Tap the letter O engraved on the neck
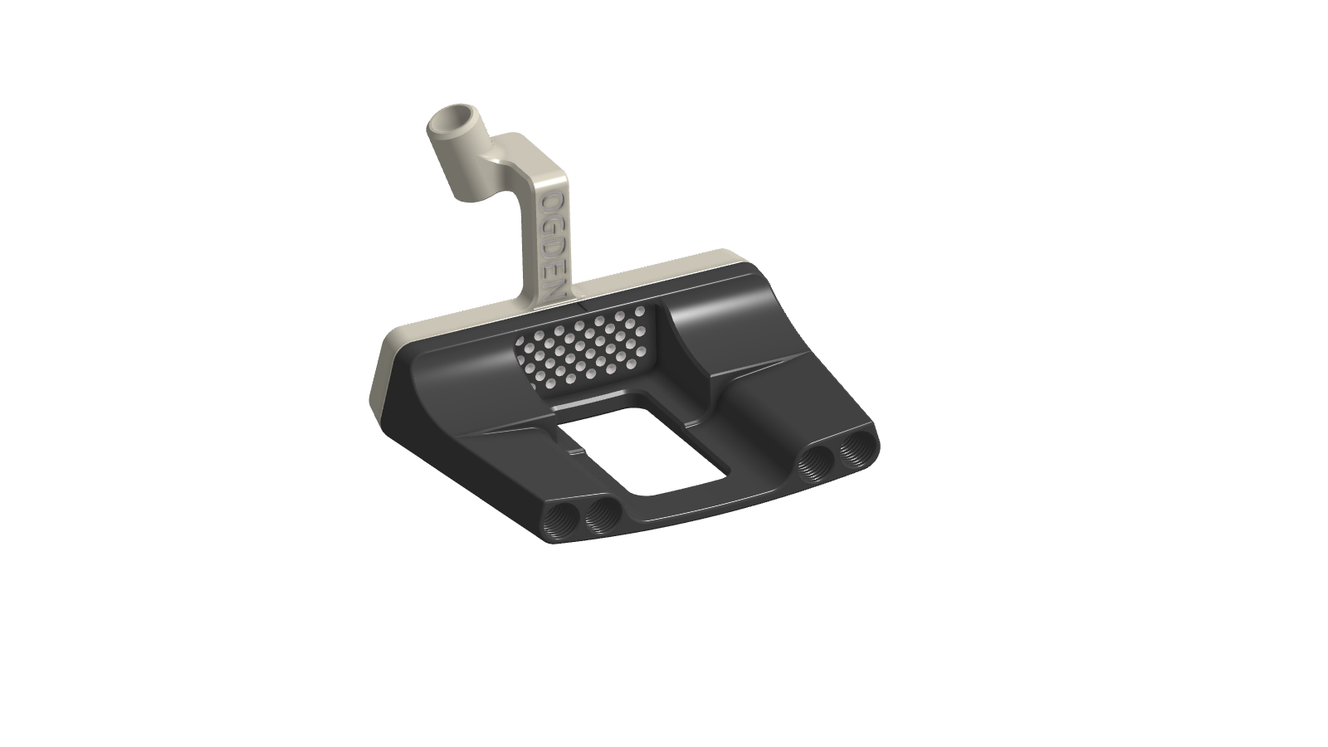tap(550, 203)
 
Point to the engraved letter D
tap(549, 246)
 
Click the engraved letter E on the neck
tap(549, 266)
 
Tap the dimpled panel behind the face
tap(581, 349)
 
